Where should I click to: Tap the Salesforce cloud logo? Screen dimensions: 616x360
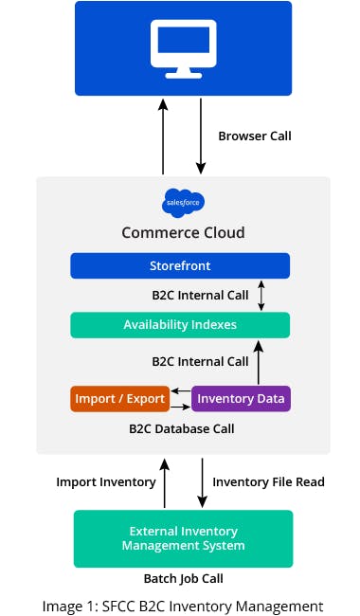(x=183, y=202)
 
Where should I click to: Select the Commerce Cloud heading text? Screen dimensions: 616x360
(x=183, y=232)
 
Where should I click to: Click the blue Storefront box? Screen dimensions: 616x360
(x=180, y=265)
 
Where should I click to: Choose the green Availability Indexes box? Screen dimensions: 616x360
(x=180, y=325)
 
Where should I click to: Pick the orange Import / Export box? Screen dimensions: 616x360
(x=119, y=399)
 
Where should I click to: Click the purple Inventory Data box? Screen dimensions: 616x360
(x=242, y=399)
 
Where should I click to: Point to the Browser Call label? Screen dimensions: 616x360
(x=255, y=136)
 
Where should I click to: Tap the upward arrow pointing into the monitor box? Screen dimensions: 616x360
(x=163, y=136)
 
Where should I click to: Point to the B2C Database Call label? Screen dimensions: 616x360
(x=180, y=428)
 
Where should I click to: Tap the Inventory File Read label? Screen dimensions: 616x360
(x=268, y=481)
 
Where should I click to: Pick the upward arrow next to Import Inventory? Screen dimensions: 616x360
(x=165, y=481)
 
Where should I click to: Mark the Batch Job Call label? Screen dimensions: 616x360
(x=180, y=577)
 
